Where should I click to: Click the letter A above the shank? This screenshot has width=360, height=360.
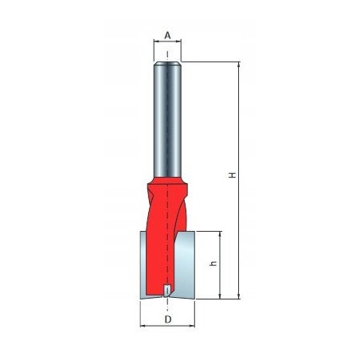click(x=167, y=34)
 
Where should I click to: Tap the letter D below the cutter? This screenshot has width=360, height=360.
click(x=167, y=320)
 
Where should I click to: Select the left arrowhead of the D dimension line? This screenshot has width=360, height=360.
click(x=143, y=327)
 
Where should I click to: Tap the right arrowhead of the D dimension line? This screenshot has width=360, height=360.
click(x=194, y=327)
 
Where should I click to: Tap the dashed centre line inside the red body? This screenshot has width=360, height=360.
click(x=167, y=239)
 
